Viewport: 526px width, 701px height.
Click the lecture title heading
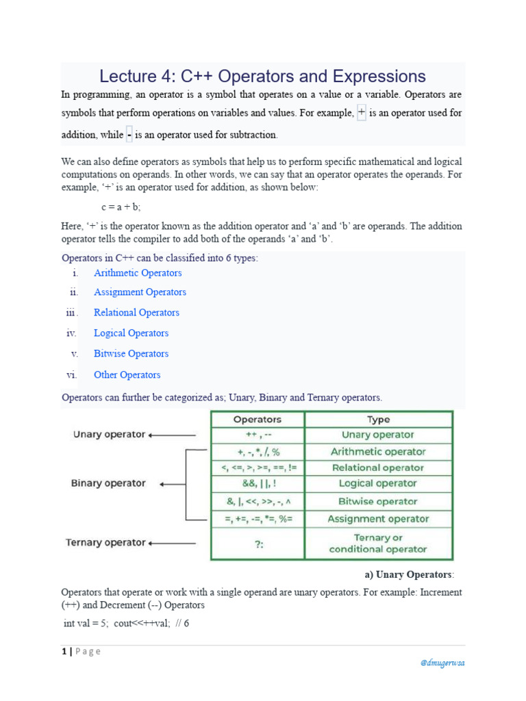[x=262, y=77]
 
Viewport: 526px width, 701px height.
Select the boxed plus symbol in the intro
[x=362, y=112]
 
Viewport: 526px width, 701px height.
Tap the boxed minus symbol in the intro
[x=129, y=135]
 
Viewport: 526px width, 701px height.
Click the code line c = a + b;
[x=121, y=207]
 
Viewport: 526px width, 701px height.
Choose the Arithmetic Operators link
[x=138, y=273]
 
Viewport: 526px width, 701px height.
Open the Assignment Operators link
[x=140, y=292]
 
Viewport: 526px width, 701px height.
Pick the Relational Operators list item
[x=136, y=313]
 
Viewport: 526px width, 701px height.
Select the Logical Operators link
[x=131, y=333]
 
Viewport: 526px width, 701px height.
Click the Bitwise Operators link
[x=131, y=354]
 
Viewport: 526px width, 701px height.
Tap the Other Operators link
[x=127, y=375]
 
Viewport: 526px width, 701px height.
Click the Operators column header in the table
[x=258, y=420]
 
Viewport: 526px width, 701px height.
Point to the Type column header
[x=378, y=420]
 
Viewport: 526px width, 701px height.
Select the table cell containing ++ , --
[x=258, y=435]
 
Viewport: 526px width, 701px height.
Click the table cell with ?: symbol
[x=258, y=543]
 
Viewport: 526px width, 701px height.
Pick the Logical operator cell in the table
[x=378, y=484]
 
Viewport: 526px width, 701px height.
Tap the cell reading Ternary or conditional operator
[x=378, y=543]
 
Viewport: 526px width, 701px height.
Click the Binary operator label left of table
[x=108, y=483]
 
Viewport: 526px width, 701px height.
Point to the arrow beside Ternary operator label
[x=172, y=543]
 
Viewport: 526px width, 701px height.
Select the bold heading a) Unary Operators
[x=407, y=574]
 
